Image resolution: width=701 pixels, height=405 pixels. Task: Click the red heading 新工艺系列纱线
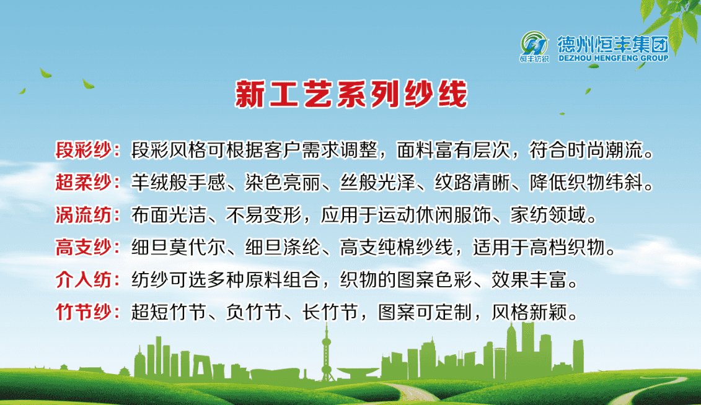point(351,94)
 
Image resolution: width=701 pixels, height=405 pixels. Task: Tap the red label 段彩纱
point(83,150)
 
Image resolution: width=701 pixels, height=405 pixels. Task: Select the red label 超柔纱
point(83,182)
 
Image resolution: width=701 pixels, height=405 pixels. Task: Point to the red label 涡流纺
point(83,215)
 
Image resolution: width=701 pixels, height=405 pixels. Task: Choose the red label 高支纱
point(83,247)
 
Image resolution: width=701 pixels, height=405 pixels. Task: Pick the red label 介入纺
point(83,280)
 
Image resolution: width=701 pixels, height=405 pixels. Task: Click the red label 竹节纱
point(83,312)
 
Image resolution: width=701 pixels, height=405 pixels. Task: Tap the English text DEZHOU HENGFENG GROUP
point(614,58)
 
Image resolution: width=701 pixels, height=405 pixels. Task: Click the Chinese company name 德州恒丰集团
point(613,44)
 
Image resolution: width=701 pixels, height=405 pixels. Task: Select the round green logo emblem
point(534,44)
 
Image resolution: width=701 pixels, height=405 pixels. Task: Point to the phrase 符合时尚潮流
point(586,150)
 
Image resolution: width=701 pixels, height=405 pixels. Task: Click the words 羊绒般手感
point(179,182)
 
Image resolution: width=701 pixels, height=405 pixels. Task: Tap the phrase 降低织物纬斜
point(586,182)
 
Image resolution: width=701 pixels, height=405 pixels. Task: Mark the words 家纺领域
point(548,215)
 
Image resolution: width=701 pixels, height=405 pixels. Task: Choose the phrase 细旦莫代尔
point(179,247)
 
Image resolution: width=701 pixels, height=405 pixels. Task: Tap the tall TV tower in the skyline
point(327,353)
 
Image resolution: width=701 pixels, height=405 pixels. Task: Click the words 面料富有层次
point(453,150)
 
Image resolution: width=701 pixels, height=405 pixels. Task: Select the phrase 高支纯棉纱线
point(397,247)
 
